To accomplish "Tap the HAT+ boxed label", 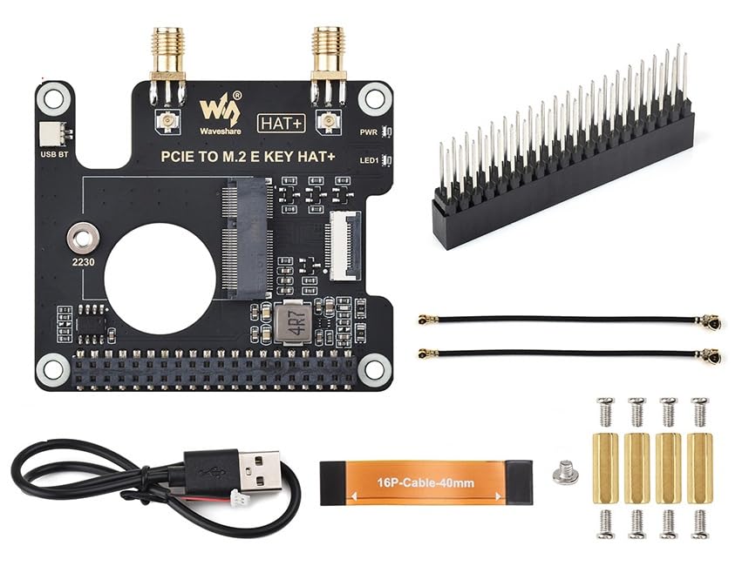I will [x=280, y=124].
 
